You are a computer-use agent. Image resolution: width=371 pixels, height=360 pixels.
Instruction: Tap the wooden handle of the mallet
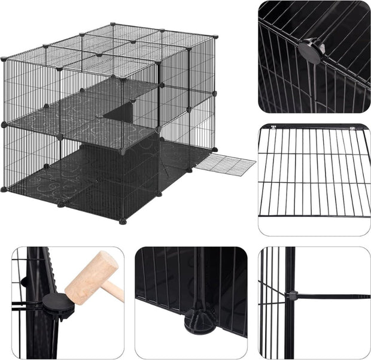[x=117, y=292]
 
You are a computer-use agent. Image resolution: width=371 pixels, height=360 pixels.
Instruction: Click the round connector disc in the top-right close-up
[x=313, y=47]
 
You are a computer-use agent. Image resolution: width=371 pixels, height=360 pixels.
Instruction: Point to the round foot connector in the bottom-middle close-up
[x=200, y=319]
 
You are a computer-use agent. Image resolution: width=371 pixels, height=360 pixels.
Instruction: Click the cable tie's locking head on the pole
[x=291, y=295]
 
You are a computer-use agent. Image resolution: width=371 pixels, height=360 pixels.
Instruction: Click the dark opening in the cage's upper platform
[x=120, y=111]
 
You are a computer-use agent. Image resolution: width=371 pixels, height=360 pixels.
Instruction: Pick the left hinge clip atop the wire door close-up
[x=272, y=126]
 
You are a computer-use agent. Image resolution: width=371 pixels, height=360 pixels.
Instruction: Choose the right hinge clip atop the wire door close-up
[x=351, y=126]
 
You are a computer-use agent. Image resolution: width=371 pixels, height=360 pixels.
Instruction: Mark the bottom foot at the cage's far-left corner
[x=4, y=189]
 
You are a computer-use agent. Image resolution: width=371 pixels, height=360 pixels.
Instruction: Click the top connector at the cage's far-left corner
[x=4, y=59]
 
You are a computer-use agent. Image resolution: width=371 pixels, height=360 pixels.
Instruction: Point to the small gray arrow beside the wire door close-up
[x=368, y=126]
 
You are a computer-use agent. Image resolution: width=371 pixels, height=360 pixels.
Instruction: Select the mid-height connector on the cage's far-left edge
[x=4, y=125]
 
